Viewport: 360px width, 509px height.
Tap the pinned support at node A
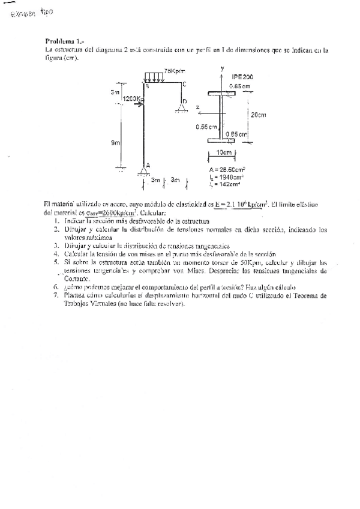point(143,170)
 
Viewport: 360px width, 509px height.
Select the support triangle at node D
point(180,107)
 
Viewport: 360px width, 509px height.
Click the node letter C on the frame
point(184,83)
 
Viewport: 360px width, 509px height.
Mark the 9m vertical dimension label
point(115,143)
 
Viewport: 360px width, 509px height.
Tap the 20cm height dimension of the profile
point(259,114)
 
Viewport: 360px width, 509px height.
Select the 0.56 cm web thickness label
point(205,127)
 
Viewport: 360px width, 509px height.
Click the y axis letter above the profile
point(222,69)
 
